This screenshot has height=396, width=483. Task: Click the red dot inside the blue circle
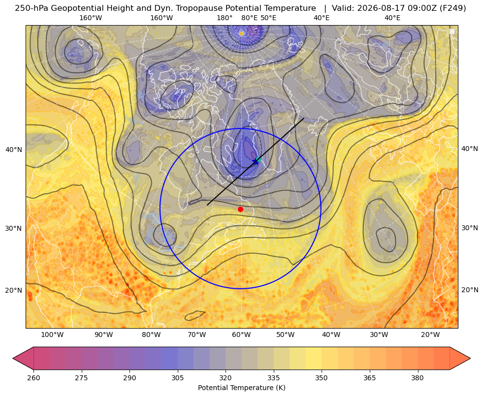click(x=241, y=209)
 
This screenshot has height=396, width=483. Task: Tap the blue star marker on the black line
click(x=256, y=161)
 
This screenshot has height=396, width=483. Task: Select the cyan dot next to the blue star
click(x=259, y=159)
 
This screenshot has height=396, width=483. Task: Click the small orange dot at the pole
click(x=241, y=33)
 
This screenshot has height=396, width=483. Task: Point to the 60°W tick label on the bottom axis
click(x=241, y=335)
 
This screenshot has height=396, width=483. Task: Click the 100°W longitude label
click(x=52, y=335)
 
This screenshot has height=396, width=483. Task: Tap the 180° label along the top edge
click(x=225, y=18)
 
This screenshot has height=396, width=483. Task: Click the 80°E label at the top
click(x=250, y=18)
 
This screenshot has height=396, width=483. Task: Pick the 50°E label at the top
click(x=268, y=18)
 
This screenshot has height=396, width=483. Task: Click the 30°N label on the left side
click(x=14, y=228)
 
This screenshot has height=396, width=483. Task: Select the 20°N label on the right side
click(x=470, y=290)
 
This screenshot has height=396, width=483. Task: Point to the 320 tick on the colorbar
click(x=225, y=377)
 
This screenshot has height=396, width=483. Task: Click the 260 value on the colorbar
click(x=33, y=377)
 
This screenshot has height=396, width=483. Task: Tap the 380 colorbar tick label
click(x=418, y=377)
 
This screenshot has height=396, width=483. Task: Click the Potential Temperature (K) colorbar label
click(x=241, y=388)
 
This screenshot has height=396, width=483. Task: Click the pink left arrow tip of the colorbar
click(x=13, y=358)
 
